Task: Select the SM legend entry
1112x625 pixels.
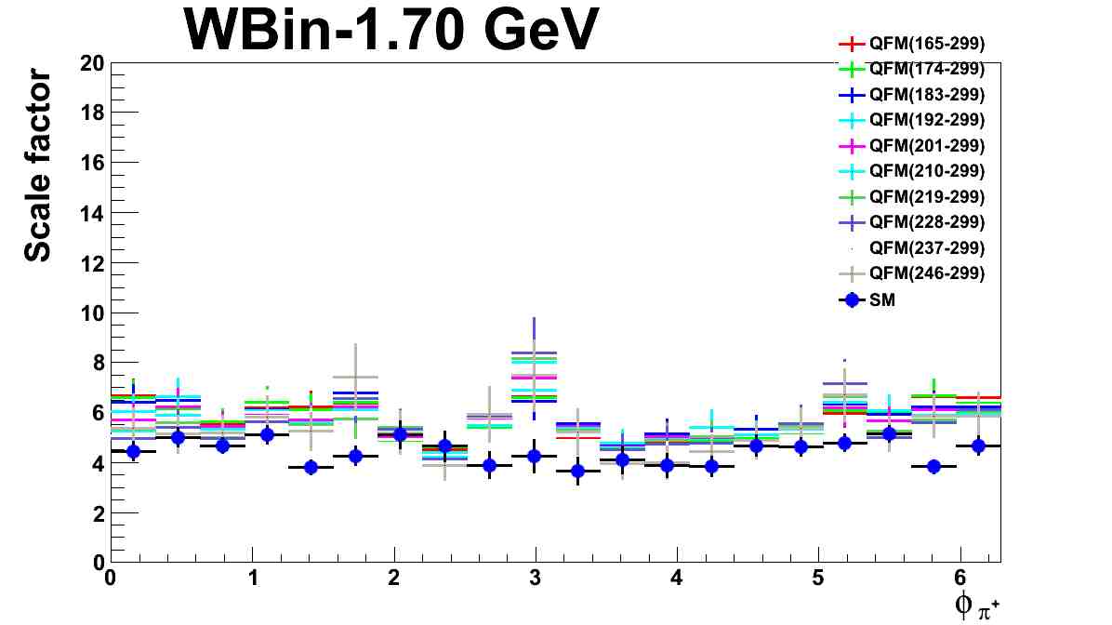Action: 882,299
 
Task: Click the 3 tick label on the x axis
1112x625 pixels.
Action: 536,578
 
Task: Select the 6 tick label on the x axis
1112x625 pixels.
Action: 960,578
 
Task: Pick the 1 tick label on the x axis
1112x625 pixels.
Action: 252,578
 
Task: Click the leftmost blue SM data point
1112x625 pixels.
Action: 133,451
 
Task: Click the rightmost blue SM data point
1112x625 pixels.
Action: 978,445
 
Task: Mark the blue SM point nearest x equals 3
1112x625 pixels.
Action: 534,456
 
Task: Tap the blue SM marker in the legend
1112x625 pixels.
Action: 851,299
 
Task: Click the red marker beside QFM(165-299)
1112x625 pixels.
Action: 851,43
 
